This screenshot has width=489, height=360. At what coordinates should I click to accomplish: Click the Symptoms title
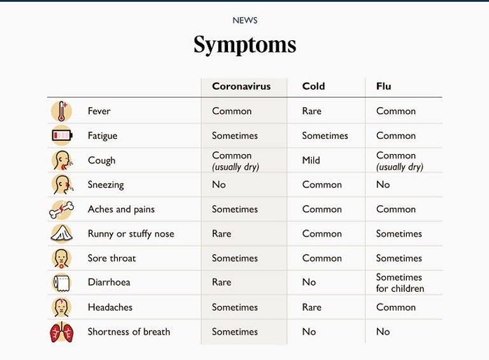pyautogui.click(x=244, y=45)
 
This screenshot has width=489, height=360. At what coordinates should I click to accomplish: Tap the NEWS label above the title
pyautogui.click(x=244, y=20)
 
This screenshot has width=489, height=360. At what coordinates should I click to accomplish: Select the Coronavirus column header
pyautogui.click(x=241, y=87)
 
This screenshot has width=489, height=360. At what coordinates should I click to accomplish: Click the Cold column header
pyautogui.click(x=313, y=87)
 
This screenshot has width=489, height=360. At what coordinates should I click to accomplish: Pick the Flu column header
pyautogui.click(x=383, y=87)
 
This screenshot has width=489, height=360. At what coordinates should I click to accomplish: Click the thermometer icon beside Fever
pyautogui.click(x=62, y=112)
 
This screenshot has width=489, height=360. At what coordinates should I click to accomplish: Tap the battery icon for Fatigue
pyautogui.click(x=62, y=136)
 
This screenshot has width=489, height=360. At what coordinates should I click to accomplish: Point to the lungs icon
pyautogui.click(x=62, y=332)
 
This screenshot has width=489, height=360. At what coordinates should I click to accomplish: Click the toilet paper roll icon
pyautogui.click(x=62, y=283)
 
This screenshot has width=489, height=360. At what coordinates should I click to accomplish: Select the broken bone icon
pyautogui.click(x=62, y=210)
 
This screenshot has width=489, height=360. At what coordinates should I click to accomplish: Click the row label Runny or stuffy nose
pyautogui.click(x=131, y=234)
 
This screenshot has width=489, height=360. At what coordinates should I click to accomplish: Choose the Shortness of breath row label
pyautogui.click(x=129, y=332)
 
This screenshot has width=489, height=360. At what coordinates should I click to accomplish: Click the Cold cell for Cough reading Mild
pyautogui.click(x=311, y=161)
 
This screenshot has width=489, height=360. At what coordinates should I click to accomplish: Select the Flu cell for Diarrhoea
pyautogui.click(x=400, y=283)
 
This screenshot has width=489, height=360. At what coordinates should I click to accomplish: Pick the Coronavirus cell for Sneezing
pyautogui.click(x=219, y=185)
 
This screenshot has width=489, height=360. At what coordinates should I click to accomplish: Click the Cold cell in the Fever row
pyautogui.click(x=311, y=112)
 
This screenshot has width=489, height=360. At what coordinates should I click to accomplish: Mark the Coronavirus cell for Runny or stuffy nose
pyautogui.click(x=222, y=234)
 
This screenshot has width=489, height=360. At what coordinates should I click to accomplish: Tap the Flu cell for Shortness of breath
pyautogui.click(x=383, y=332)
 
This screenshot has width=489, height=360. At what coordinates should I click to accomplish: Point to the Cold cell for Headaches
pyautogui.click(x=311, y=307)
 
